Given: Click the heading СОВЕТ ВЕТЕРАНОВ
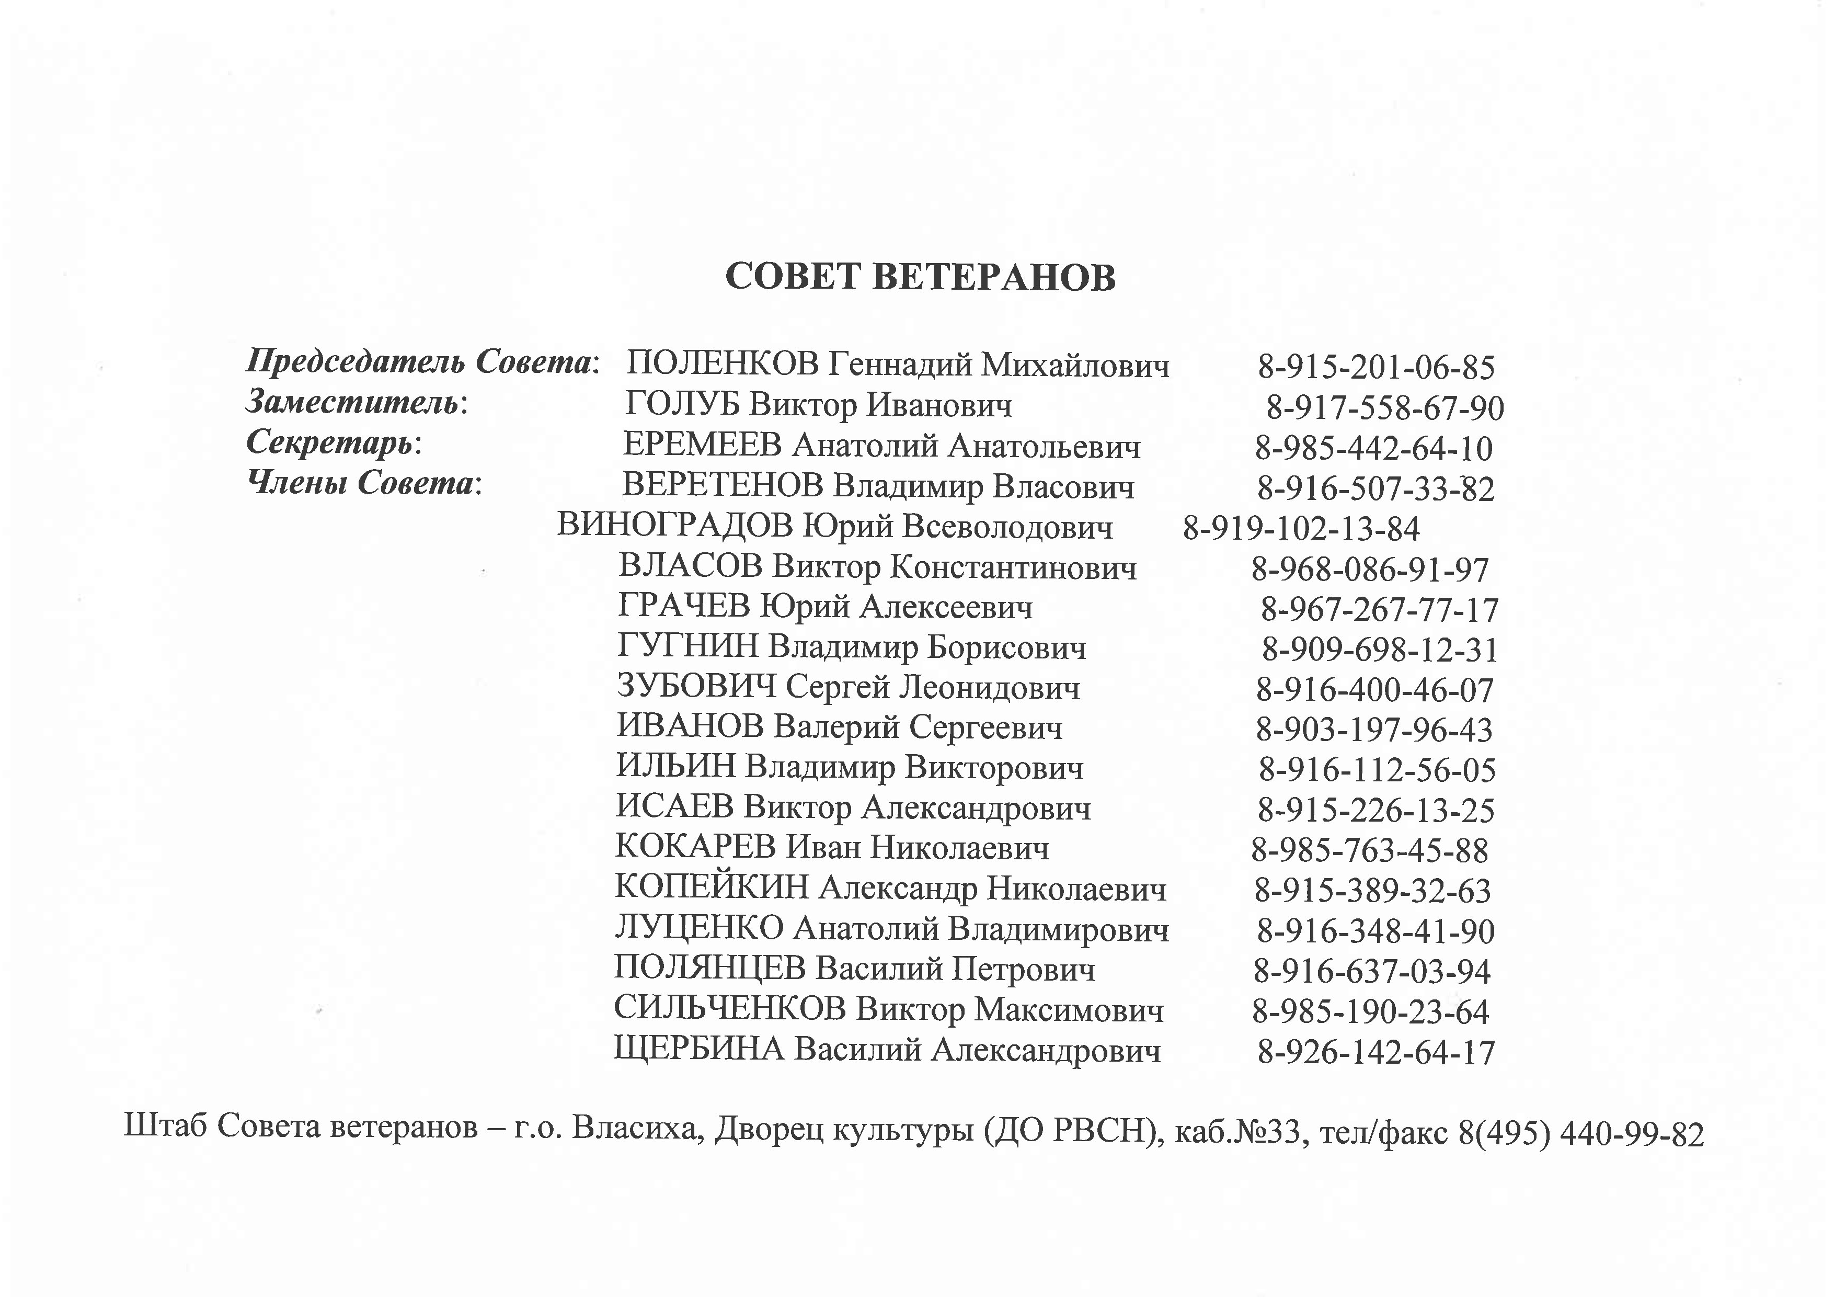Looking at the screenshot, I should pyautogui.click(x=920, y=277).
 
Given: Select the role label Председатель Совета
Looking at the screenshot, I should pyautogui.click(x=420, y=362).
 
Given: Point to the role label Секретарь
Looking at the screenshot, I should pyautogui.click(x=331, y=442).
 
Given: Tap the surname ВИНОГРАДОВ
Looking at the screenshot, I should pyautogui.click(x=675, y=526).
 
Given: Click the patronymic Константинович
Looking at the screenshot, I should pyautogui.click(x=1013, y=567).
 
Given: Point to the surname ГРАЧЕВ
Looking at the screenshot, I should pyautogui.click(x=684, y=607).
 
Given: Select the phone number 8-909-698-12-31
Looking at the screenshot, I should pyautogui.click(x=1380, y=650).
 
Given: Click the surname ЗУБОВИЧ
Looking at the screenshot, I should pyautogui.click(x=696, y=687).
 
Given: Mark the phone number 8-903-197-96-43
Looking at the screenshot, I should pyautogui.click(x=1374, y=730).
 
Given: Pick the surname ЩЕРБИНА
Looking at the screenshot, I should pyautogui.click(x=699, y=1049).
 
